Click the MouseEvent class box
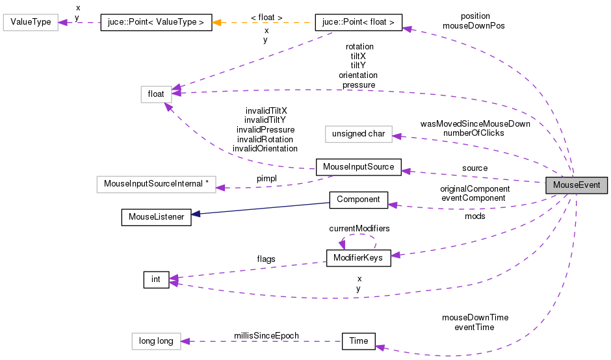[x=576, y=185]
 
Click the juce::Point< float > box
[x=358, y=23]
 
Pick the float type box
[x=156, y=94]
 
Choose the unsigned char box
[x=358, y=135]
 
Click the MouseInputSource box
[x=358, y=166]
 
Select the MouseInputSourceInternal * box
[x=155, y=184]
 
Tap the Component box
[x=358, y=199]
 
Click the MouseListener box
[x=156, y=217]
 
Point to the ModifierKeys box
[x=358, y=258]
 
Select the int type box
[x=156, y=280]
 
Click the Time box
[x=358, y=341]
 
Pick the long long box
[x=155, y=341]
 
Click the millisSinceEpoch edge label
[x=266, y=335]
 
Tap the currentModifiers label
[x=359, y=228]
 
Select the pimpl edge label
[x=267, y=178]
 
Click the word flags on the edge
[x=266, y=259]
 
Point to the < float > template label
[x=266, y=17]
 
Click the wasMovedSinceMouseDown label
[x=475, y=123]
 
